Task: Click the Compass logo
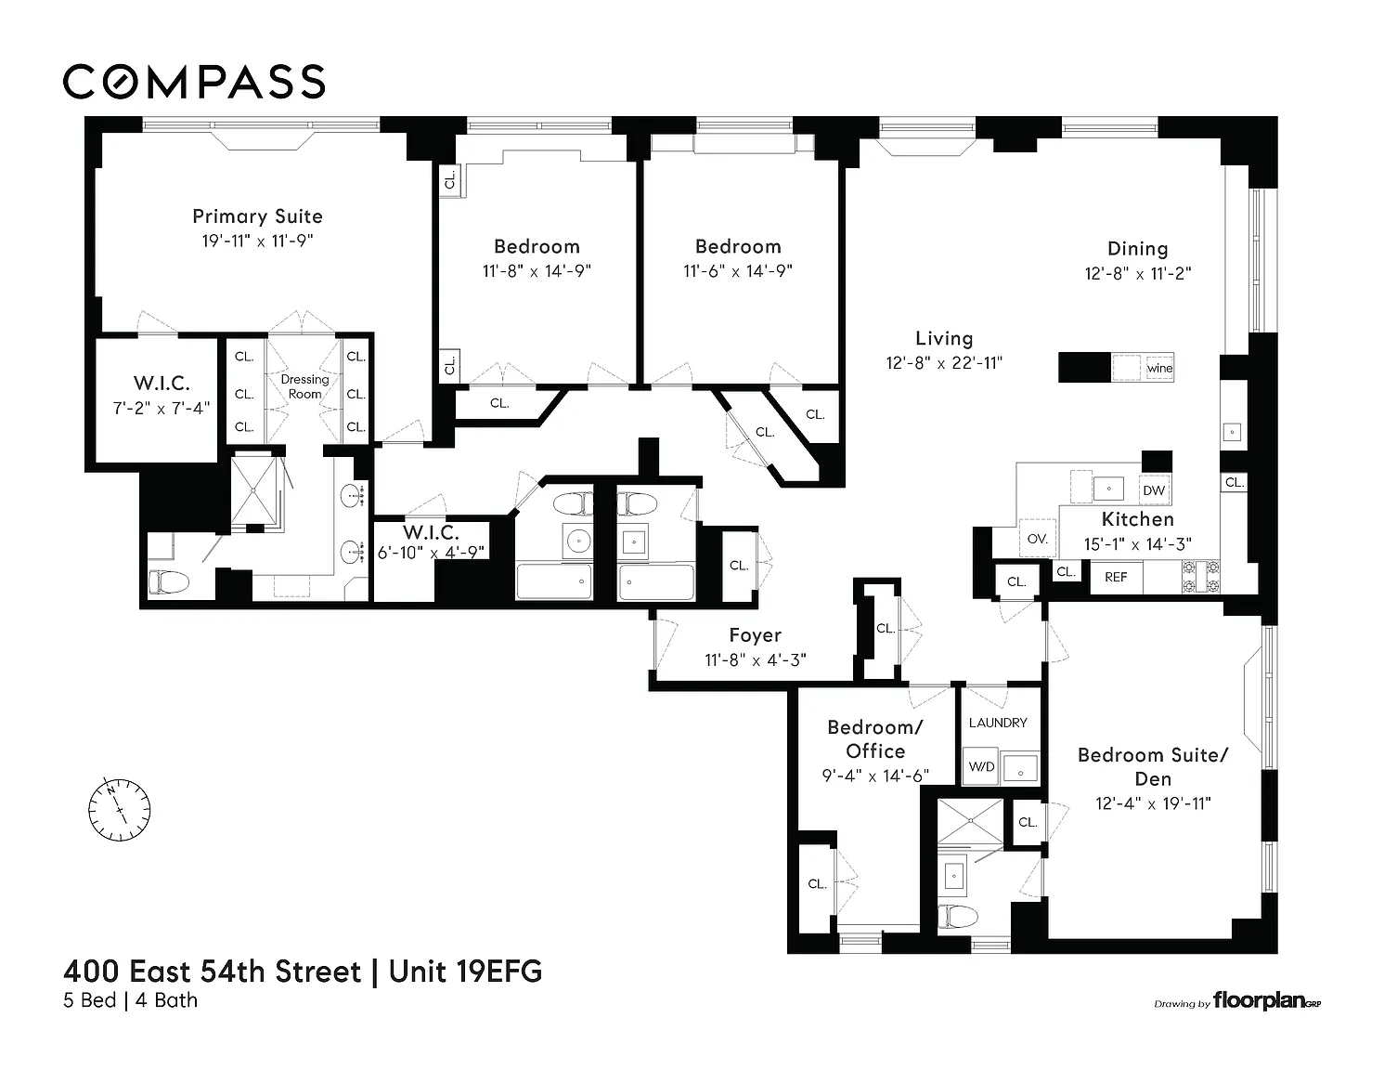194,82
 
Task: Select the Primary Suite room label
257,216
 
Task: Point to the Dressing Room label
304,386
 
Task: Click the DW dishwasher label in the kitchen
1154,490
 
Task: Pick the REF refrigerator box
1116,577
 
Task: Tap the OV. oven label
1038,539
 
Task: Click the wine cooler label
1159,368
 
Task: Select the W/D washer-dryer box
981,766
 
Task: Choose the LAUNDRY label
998,723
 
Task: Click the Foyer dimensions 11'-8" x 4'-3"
756,659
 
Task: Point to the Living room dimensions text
944,362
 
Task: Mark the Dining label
1137,249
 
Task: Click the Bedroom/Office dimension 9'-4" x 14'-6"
875,776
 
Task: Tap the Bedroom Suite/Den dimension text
1153,803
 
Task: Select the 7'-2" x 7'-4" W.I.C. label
162,408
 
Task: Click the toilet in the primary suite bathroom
169,581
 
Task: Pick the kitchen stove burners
1201,577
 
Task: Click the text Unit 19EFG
466,972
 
